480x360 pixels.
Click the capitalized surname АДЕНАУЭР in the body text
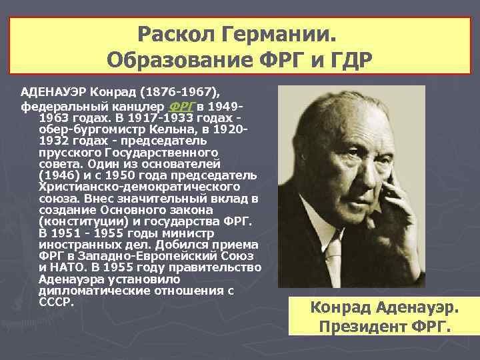(54, 91)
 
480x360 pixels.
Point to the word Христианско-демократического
(140, 188)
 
